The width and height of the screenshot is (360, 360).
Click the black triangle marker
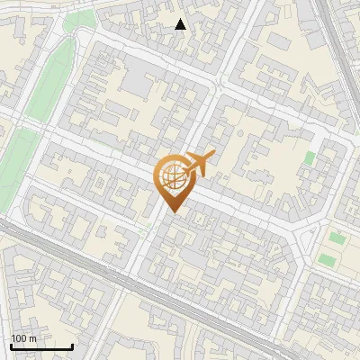[180, 24]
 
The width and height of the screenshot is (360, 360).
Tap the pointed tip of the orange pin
[171, 212]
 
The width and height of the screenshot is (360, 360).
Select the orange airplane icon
[198, 165]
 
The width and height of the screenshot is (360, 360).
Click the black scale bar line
[41, 346]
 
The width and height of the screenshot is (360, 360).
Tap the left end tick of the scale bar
[11, 345]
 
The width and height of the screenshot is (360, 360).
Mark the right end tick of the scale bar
[72, 345]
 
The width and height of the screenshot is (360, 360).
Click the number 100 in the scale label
[18, 337]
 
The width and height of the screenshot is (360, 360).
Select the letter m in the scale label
[32, 338]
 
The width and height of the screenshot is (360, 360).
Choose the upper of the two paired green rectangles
[337, 239]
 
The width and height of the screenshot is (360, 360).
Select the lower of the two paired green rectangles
[328, 259]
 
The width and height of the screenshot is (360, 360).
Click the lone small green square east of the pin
[310, 158]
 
